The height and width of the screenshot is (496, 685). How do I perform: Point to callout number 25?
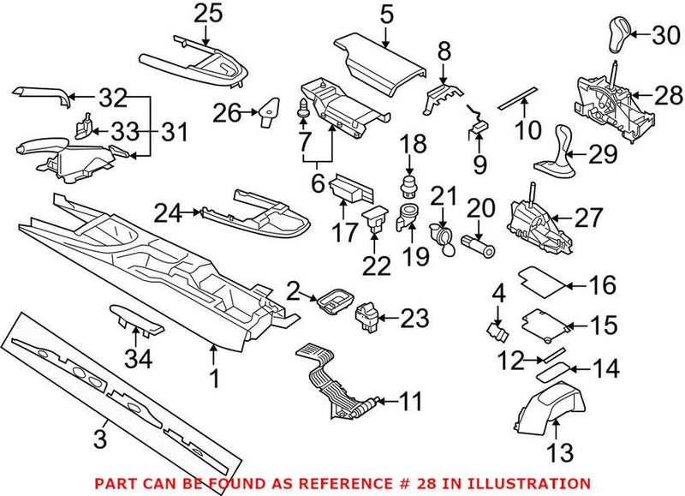207,13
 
